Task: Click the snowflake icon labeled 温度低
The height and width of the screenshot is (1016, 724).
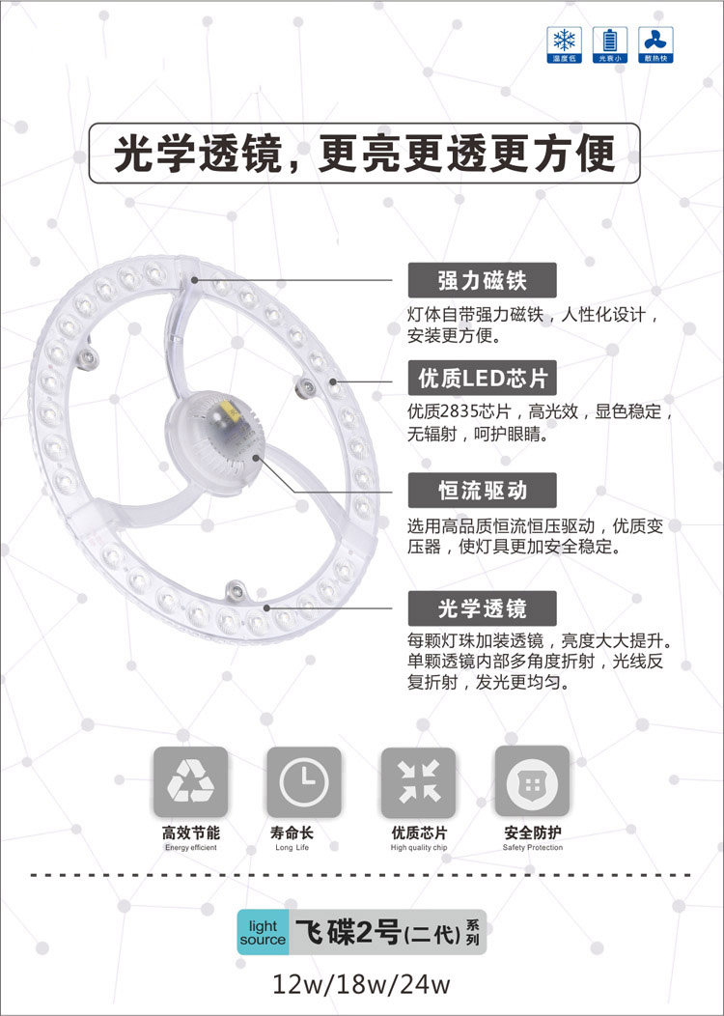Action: tap(564, 44)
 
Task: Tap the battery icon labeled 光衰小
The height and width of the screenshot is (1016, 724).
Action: tap(610, 44)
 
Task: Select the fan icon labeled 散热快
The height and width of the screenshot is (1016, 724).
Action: tap(656, 44)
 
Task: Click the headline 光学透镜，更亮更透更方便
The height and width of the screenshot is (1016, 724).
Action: tap(364, 154)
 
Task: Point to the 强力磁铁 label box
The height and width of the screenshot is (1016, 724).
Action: tap(482, 281)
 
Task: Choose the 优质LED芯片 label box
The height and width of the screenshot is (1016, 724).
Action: tap(482, 378)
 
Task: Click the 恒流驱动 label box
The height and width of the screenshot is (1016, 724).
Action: tap(482, 490)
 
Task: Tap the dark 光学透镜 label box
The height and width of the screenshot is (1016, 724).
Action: tap(482, 608)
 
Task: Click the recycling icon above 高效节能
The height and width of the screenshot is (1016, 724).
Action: tap(190, 781)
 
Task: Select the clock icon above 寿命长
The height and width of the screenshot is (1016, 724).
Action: tap(304, 781)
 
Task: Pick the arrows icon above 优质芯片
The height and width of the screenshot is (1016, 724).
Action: tap(418, 781)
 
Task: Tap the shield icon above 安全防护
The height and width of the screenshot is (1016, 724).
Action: tap(532, 781)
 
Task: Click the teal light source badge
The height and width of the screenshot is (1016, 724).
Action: tap(263, 932)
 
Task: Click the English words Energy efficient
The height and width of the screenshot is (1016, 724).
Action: tap(191, 848)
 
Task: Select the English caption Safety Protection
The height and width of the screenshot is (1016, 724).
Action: tap(533, 848)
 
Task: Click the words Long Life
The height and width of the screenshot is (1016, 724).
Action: tap(292, 848)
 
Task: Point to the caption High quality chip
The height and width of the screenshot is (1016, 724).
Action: tap(419, 848)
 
